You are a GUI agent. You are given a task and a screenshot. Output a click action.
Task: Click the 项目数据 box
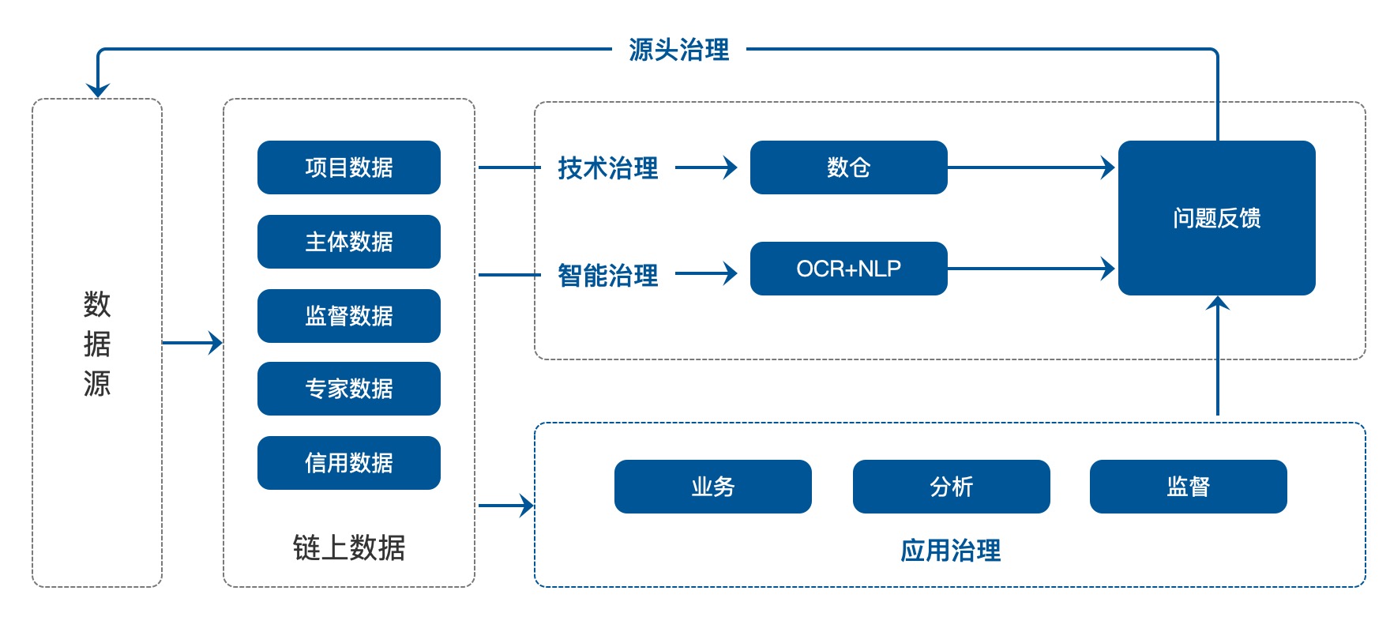tap(349, 167)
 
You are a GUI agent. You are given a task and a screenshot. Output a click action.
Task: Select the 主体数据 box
tap(349, 242)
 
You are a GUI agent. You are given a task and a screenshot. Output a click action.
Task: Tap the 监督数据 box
tap(349, 316)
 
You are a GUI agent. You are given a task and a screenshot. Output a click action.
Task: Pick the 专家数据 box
tap(349, 389)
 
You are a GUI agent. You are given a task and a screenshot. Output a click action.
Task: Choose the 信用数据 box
tap(349, 463)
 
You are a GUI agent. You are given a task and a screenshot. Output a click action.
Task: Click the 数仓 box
tap(849, 167)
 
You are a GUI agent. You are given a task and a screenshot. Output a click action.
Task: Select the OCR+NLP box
tap(849, 269)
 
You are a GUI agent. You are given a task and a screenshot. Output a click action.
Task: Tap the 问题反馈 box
tap(1217, 218)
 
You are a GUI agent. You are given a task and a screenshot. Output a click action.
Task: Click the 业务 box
tap(713, 487)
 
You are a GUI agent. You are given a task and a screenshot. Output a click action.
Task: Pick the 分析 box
tap(952, 487)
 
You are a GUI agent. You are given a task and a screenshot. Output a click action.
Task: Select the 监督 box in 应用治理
tap(1189, 487)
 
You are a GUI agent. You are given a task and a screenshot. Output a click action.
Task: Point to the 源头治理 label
tap(679, 50)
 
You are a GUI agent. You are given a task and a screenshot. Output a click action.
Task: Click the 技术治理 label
tap(608, 168)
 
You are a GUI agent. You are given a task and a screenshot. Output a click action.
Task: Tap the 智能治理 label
tap(608, 276)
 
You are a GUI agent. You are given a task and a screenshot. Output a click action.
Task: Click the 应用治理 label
tap(951, 551)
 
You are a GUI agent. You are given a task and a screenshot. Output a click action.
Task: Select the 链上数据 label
tap(349, 547)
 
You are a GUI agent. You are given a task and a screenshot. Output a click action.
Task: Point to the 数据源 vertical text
tap(97, 343)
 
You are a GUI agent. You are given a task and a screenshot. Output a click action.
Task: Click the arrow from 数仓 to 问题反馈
tap(1031, 167)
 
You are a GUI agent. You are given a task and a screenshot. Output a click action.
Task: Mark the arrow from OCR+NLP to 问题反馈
tap(1031, 269)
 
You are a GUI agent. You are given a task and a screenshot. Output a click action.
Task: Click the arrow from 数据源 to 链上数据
tap(193, 343)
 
